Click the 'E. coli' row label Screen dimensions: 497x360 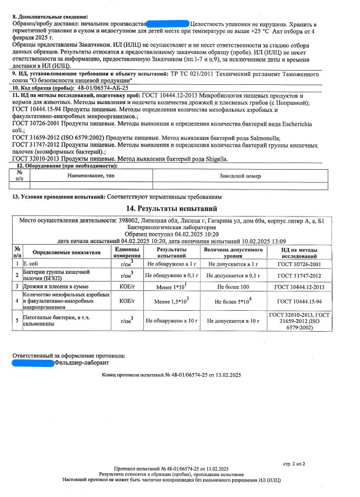(31, 264)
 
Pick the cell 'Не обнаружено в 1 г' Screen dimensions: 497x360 (172, 264)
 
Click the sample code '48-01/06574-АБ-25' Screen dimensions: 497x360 (102, 88)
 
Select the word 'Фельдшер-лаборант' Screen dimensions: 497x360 (82, 363)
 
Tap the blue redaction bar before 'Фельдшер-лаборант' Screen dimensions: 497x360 (33, 363)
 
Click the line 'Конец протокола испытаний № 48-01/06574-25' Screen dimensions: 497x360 (171, 375)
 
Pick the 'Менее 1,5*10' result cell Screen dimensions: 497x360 (172, 301)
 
